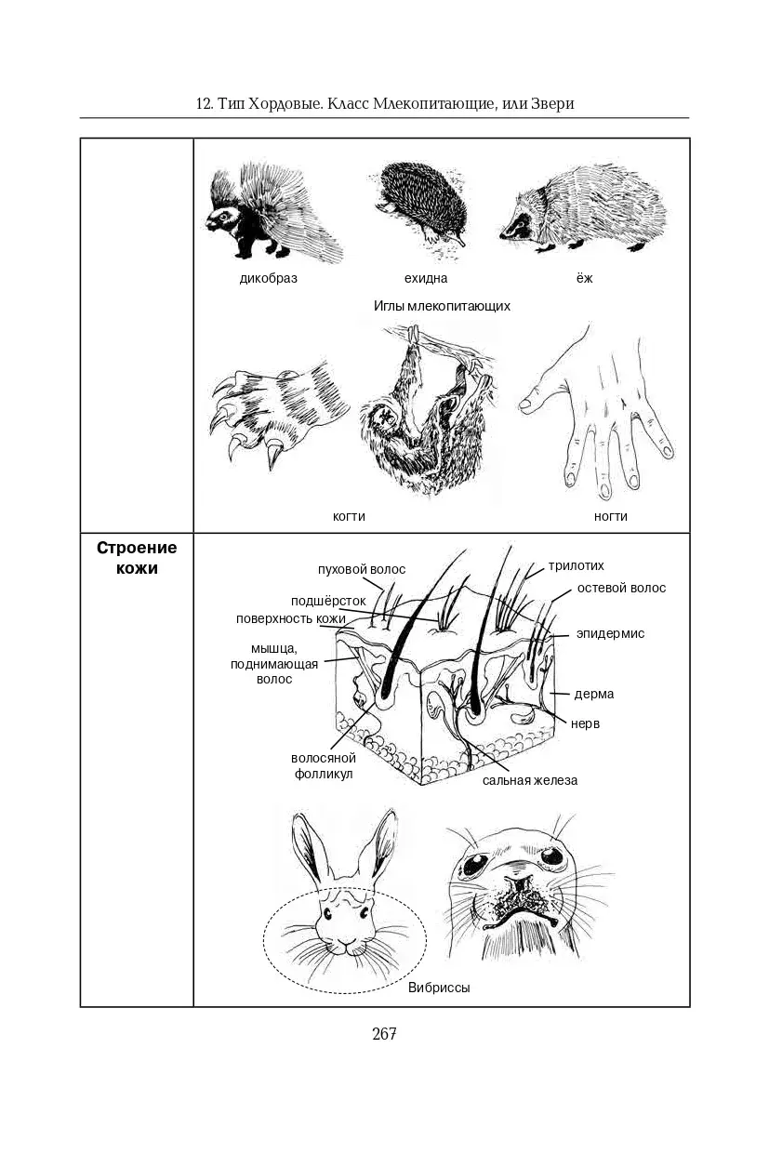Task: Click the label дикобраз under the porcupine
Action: point(268,278)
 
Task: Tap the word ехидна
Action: point(425,278)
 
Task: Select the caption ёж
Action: point(583,278)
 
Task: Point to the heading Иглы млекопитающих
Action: point(442,306)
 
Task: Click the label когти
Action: point(349,516)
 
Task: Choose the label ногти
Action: point(611,516)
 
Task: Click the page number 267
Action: point(384,1034)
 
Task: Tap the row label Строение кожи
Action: point(137,558)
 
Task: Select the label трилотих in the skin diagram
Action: point(576,565)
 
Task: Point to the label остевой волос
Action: point(621,588)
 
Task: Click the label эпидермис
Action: point(609,633)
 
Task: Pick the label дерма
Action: point(593,694)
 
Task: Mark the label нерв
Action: point(585,723)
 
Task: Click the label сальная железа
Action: point(529,780)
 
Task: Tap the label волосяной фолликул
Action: point(323,765)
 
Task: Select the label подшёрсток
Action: point(327,601)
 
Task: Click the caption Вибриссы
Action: point(439,988)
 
